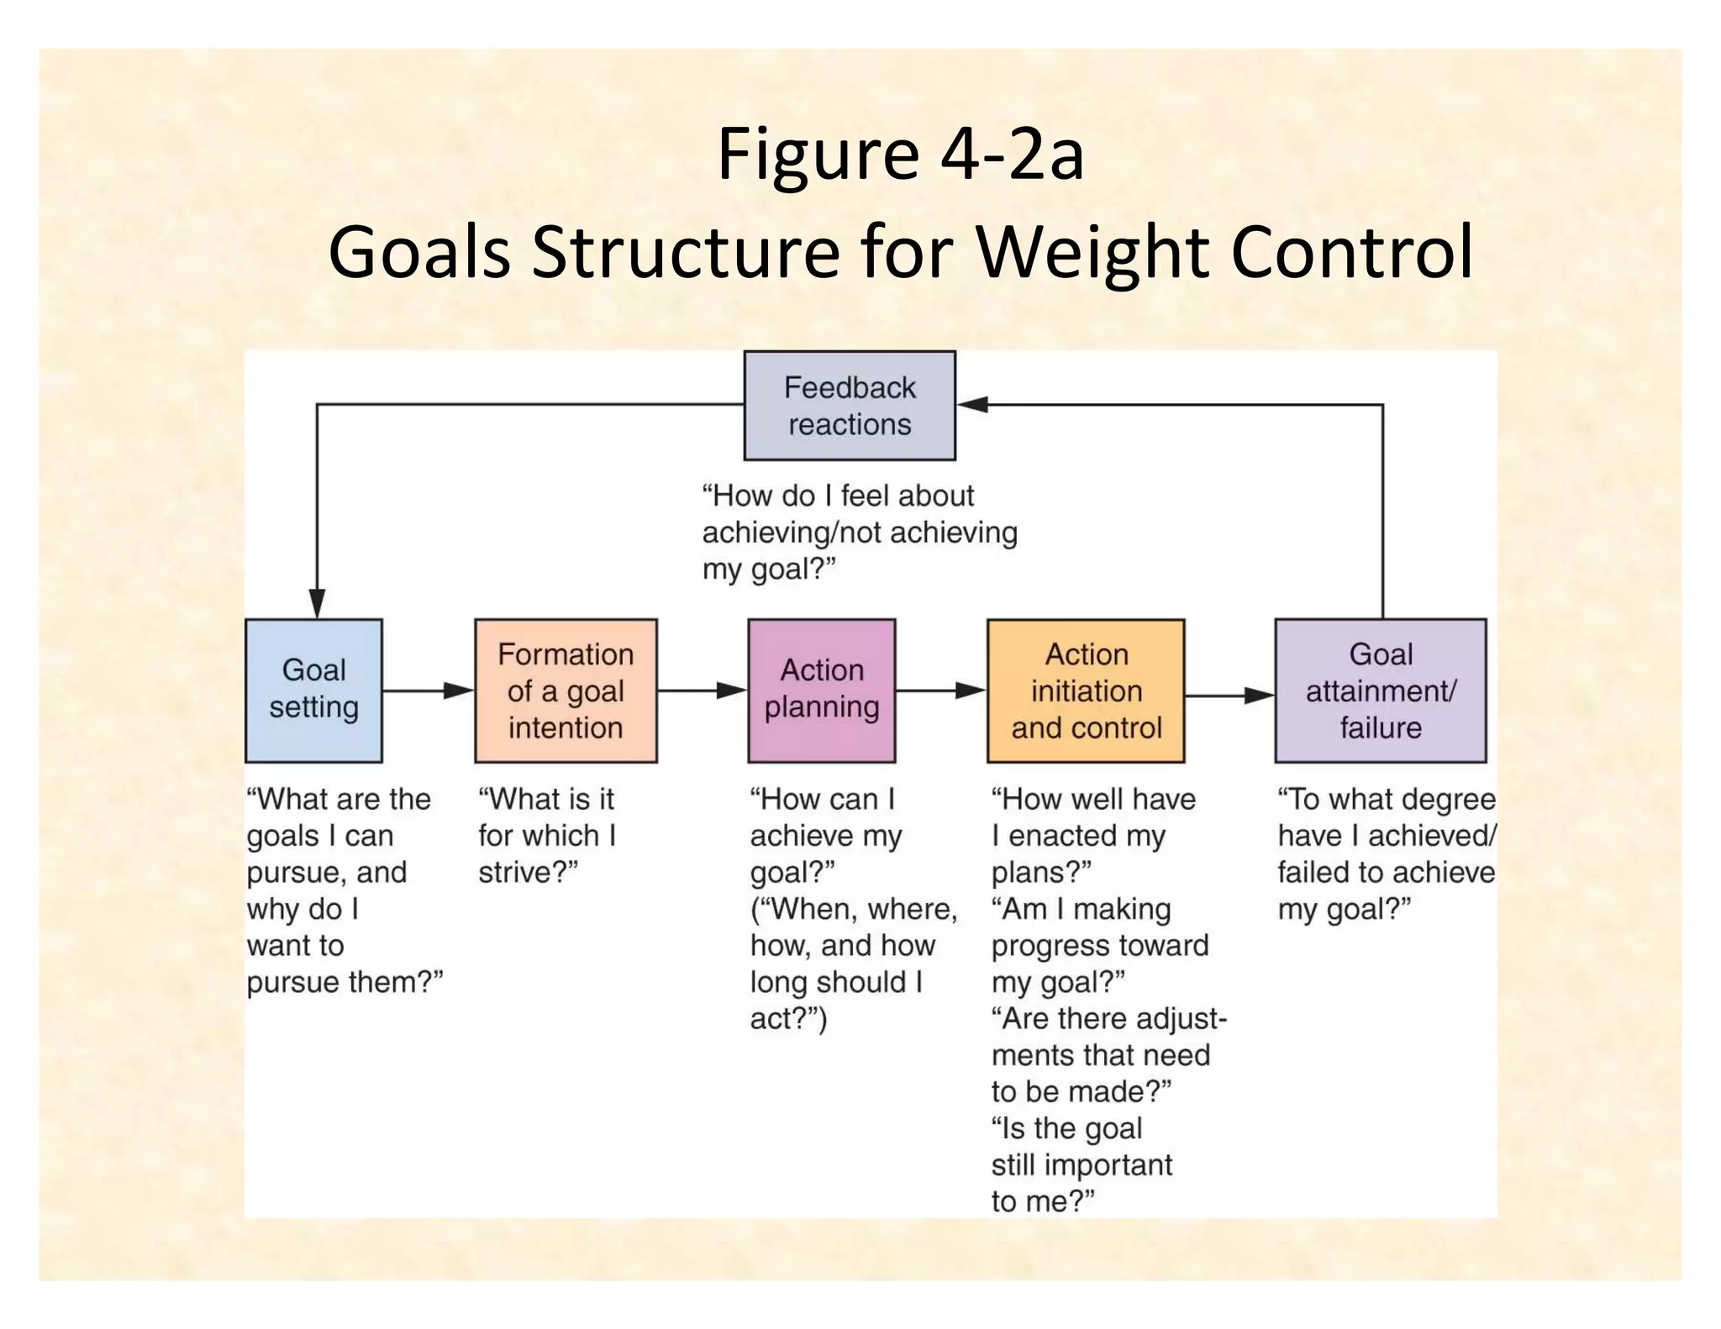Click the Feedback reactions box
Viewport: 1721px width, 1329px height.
point(850,406)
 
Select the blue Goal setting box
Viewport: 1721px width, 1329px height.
point(313,691)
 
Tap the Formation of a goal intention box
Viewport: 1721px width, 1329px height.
point(566,691)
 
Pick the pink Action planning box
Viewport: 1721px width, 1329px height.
point(821,691)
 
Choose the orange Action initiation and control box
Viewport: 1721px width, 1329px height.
point(1086,691)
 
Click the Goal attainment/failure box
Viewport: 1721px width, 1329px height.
point(1380,691)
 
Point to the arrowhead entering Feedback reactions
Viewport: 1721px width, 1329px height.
point(973,405)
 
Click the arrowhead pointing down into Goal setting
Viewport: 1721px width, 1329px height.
point(317,603)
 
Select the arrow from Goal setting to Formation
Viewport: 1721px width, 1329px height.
point(429,691)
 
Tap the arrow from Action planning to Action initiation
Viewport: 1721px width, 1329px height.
point(941,691)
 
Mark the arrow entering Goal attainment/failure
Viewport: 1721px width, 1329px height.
point(1230,696)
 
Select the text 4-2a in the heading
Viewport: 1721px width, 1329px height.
point(1012,155)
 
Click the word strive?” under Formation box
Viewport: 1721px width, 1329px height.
point(529,873)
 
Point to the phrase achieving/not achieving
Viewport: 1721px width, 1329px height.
point(860,533)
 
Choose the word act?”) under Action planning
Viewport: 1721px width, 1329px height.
point(788,1019)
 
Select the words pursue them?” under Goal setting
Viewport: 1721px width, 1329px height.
point(345,982)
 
